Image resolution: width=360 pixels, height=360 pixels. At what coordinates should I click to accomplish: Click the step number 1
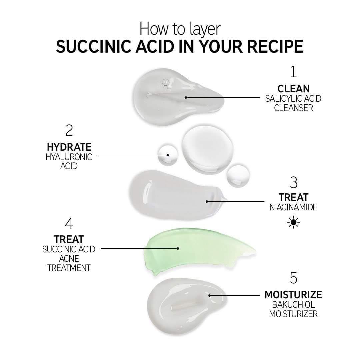click(x=293, y=72)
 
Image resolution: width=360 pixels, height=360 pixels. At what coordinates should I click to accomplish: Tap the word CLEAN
click(x=293, y=89)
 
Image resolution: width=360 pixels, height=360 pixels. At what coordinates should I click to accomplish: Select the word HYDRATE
click(x=69, y=147)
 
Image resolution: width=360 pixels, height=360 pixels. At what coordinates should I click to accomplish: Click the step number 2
click(x=69, y=130)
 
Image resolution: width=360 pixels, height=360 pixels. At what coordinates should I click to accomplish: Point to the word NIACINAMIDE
click(x=293, y=207)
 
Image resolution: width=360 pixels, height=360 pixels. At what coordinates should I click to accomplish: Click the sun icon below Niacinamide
click(x=293, y=222)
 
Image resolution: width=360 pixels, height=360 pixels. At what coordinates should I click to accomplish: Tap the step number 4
click(x=69, y=224)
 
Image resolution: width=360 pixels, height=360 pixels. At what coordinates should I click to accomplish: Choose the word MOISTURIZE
click(x=293, y=295)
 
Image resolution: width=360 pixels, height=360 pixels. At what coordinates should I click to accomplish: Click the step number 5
click(x=294, y=278)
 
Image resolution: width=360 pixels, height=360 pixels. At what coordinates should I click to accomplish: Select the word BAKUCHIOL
click(x=293, y=304)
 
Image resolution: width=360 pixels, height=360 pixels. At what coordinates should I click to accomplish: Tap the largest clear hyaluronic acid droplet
click(x=207, y=149)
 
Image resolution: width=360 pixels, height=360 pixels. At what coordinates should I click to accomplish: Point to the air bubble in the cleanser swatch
click(x=165, y=82)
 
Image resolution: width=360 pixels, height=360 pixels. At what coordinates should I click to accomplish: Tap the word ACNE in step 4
click(x=69, y=259)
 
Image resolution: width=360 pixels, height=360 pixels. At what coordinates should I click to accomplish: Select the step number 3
click(x=294, y=183)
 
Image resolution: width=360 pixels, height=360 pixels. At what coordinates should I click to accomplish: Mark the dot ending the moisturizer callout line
click(x=209, y=295)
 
